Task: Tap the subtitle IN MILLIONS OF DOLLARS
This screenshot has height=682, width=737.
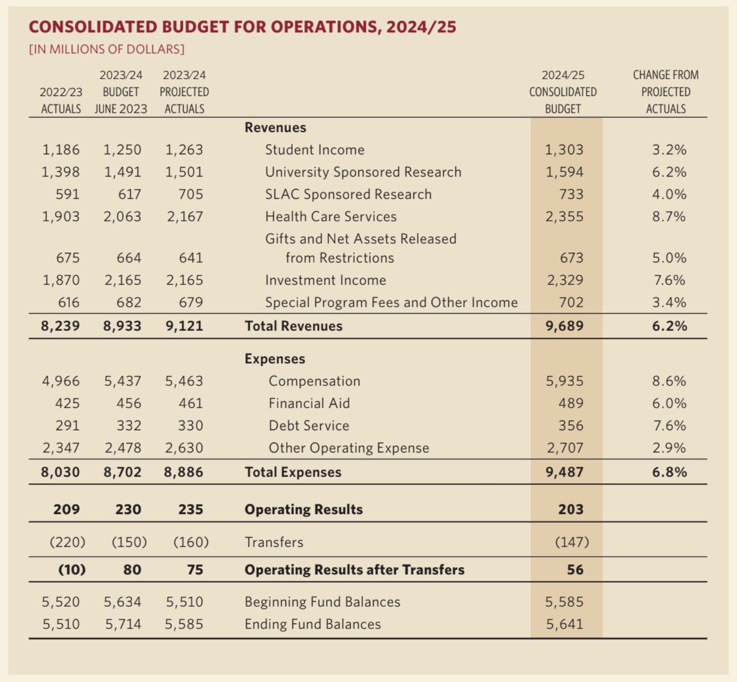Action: click(107, 49)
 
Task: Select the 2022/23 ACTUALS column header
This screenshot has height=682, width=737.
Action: click(61, 100)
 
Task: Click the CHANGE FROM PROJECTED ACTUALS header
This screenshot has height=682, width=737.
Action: click(666, 92)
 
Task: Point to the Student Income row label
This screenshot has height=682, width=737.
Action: click(314, 150)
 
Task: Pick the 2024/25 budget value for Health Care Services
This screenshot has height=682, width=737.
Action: click(564, 217)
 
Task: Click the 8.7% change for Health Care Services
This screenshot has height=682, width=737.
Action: click(669, 217)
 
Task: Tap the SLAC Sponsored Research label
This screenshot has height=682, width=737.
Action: click(348, 194)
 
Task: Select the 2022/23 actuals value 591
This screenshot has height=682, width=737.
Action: click(68, 194)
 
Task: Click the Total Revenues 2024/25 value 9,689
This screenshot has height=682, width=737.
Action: click(564, 326)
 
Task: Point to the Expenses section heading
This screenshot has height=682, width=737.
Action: click(275, 359)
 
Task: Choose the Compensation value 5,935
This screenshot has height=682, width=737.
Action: click(564, 381)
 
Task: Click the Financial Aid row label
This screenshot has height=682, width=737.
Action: click(309, 403)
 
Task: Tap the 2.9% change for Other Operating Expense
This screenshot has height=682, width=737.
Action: click(669, 448)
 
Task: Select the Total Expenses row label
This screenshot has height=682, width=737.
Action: click(293, 472)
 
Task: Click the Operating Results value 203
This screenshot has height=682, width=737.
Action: click(571, 509)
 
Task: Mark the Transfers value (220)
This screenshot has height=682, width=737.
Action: click(68, 542)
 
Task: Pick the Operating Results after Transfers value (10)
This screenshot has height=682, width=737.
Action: click(72, 570)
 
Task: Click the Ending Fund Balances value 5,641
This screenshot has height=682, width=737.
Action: click(564, 624)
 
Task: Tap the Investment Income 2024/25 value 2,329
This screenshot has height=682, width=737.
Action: click(565, 280)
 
